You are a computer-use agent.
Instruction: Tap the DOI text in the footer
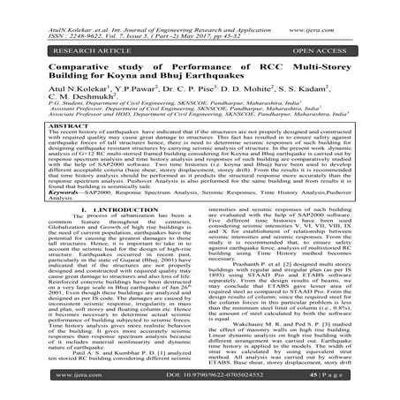click(x=199, y=386)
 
